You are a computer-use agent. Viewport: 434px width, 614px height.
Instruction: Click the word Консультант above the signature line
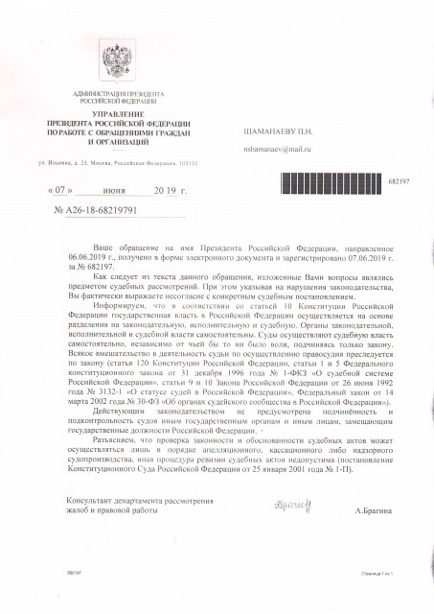click(90, 501)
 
